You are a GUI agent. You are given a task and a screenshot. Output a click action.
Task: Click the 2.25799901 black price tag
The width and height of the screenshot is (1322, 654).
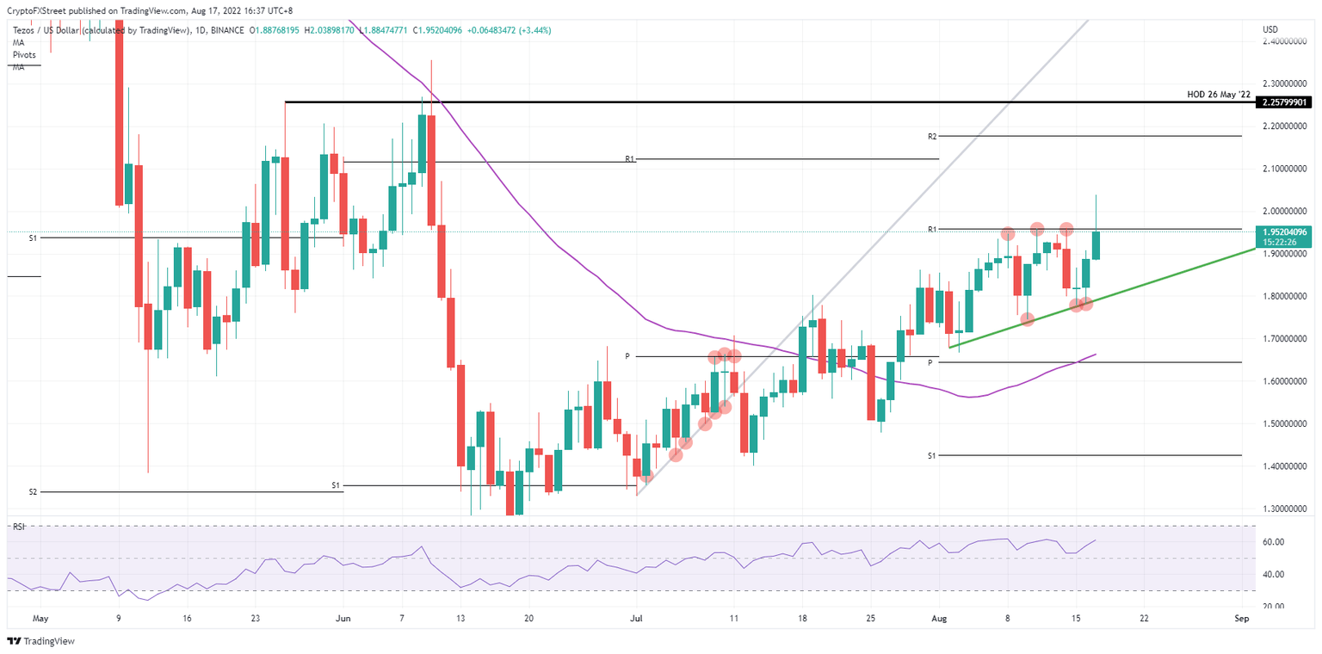click(1283, 102)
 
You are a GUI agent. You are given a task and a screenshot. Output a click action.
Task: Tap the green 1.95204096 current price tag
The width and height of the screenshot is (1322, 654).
click(1283, 231)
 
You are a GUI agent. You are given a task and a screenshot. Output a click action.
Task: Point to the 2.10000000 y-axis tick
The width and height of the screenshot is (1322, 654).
click(1283, 169)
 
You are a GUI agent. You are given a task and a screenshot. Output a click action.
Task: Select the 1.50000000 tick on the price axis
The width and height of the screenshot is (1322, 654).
click(1283, 423)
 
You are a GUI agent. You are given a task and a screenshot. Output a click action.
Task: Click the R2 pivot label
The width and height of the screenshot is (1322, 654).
click(931, 136)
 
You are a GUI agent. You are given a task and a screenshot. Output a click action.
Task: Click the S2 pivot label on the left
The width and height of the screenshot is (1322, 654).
click(33, 491)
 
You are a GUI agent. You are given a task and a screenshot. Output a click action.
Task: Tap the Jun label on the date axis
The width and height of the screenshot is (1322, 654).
click(343, 618)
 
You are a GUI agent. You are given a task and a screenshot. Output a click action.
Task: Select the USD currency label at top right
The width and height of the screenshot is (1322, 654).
click(1269, 30)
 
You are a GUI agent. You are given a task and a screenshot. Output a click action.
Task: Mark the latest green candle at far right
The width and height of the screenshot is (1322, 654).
click(1096, 244)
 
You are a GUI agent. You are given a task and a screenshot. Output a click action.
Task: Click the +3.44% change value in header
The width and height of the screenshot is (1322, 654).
click(532, 30)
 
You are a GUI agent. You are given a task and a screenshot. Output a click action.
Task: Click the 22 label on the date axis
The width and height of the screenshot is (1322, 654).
click(1143, 618)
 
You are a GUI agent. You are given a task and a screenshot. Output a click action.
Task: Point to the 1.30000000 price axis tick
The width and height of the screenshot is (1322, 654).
click(1283, 509)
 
